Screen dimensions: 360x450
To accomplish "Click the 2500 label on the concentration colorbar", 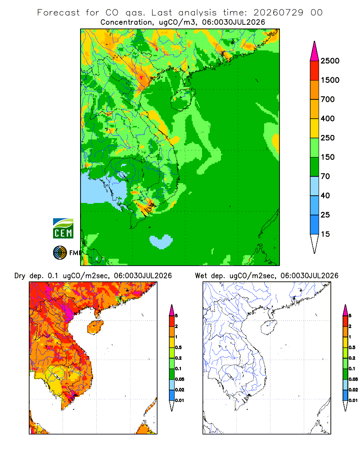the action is click(x=330, y=61).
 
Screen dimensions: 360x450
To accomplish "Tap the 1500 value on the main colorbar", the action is click(x=330, y=80).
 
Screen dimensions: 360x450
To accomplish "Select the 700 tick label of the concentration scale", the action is click(x=328, y=99).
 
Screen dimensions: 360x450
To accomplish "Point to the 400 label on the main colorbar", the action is click(x=328, y=118).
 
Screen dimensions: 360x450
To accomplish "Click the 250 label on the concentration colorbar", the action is click(x=328, y=138).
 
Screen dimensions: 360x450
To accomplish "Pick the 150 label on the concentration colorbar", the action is click(x=328, y=157).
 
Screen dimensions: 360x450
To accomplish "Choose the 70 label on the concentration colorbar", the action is click(x=325, y=176).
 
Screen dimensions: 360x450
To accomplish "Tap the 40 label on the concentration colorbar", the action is click(x=325, y=195).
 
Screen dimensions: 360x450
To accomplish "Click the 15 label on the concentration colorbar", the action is click(x=325, y=234).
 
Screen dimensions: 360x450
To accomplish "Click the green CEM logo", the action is click(x=63, y=229).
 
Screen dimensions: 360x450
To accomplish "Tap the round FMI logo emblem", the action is click(x=60, y=253).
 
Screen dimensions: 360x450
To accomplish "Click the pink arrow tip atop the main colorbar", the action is click(x=315, y=41).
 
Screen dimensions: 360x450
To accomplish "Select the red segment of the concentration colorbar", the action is click(x=315, y=71).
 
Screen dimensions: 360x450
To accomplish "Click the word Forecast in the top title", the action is click(x=58, y=13).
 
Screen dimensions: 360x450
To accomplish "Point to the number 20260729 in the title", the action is click(x=278, y=13).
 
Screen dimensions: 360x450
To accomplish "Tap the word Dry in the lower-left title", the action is click(x=20, y=276).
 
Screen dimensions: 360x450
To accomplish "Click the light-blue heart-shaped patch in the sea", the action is click(x=161, y=241).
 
